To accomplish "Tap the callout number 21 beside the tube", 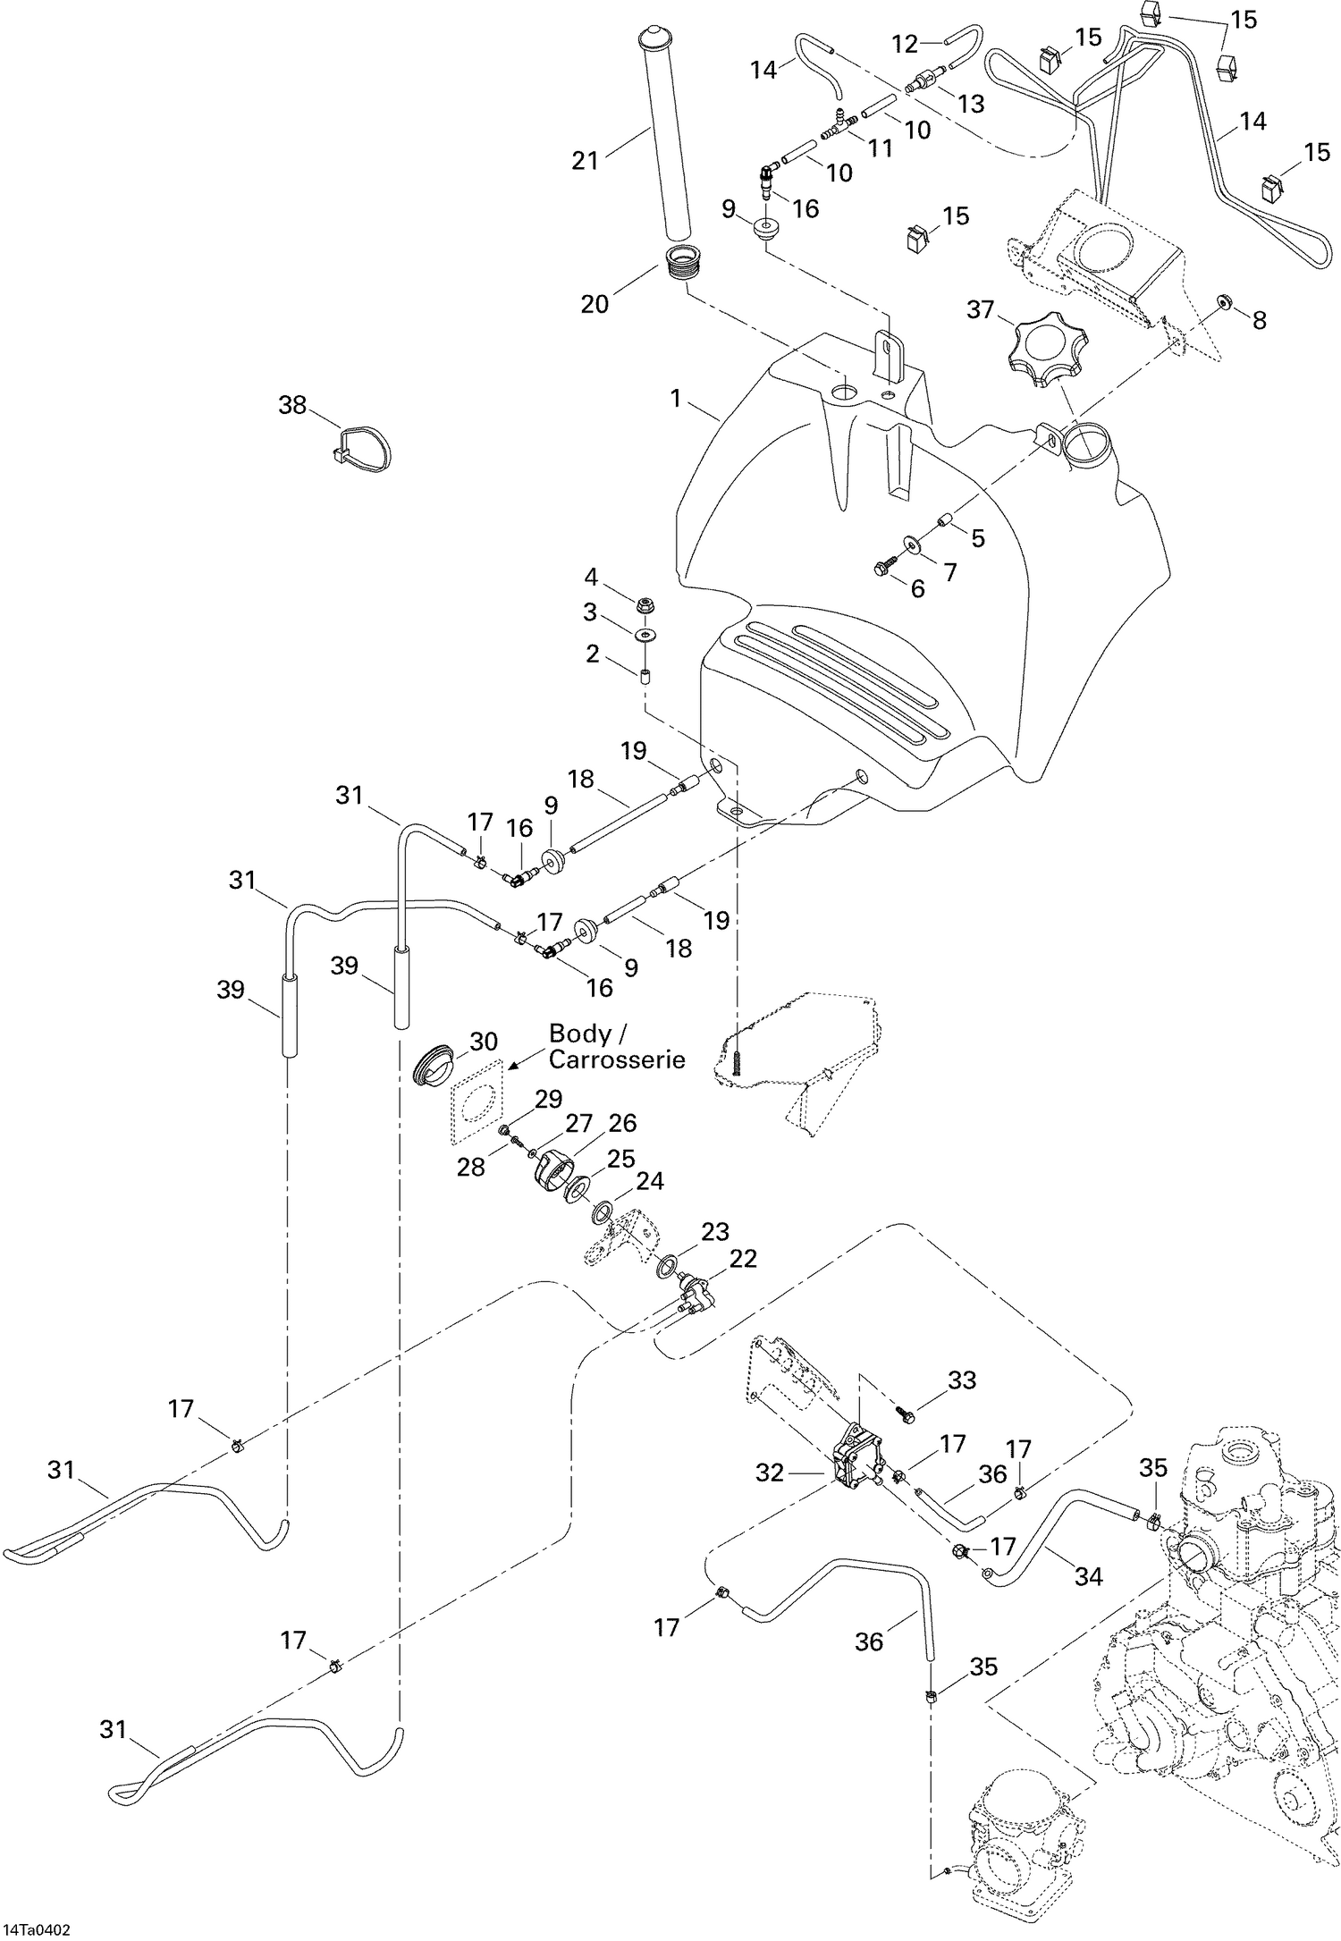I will click(x=585, y=161).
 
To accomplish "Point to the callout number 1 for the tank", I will click(x=677, y=399).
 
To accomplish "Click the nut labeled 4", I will click(x=646, y=606).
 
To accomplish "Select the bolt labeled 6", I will click(x=885, y=566).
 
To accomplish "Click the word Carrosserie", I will click(x=617, y=1059).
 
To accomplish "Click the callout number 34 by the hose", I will click(x=1088, y=1576).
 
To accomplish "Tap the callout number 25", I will click(x=620, y=1160).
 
